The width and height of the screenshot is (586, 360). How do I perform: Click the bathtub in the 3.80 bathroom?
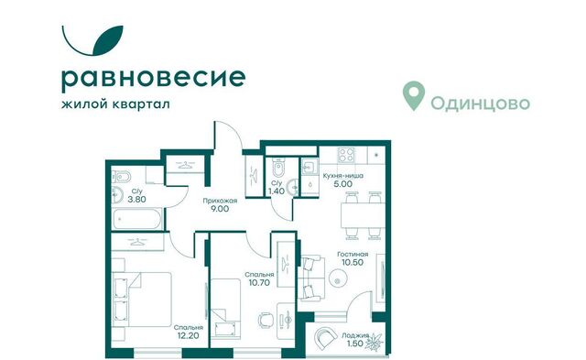tap(135, 220)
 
